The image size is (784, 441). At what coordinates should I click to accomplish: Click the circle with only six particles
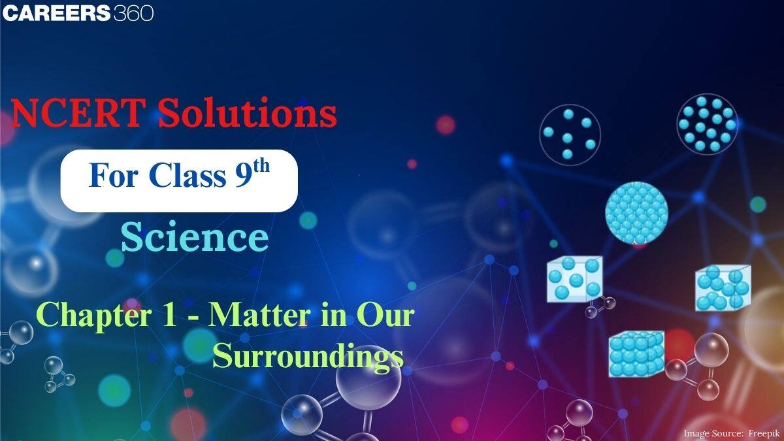(x=569, y=133)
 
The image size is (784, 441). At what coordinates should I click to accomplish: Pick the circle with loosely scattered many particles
(x=707, y=123)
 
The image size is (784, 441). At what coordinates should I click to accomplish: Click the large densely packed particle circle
(x=636, y=212)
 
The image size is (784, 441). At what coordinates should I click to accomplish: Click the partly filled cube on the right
(x=721, y=287)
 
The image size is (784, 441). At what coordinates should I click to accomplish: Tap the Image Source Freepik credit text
(x=730, y=433)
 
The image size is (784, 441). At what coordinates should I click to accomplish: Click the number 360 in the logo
(x=133, y=12)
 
